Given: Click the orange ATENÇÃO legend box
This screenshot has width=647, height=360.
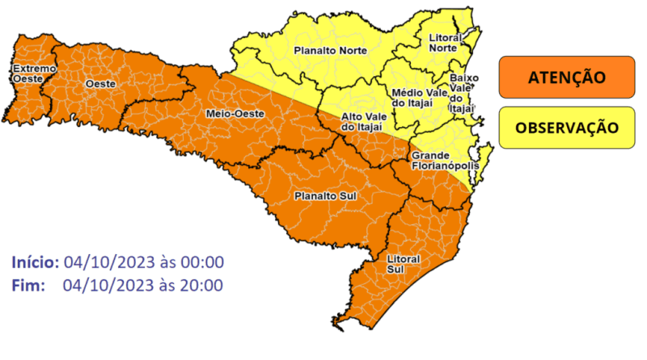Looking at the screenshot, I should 566,78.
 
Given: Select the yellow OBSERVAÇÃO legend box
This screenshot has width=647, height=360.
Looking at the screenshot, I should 566,128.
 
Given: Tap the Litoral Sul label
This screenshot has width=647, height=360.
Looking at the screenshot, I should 403,264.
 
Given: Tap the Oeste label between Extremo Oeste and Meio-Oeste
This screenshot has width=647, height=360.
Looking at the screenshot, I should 100,84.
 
